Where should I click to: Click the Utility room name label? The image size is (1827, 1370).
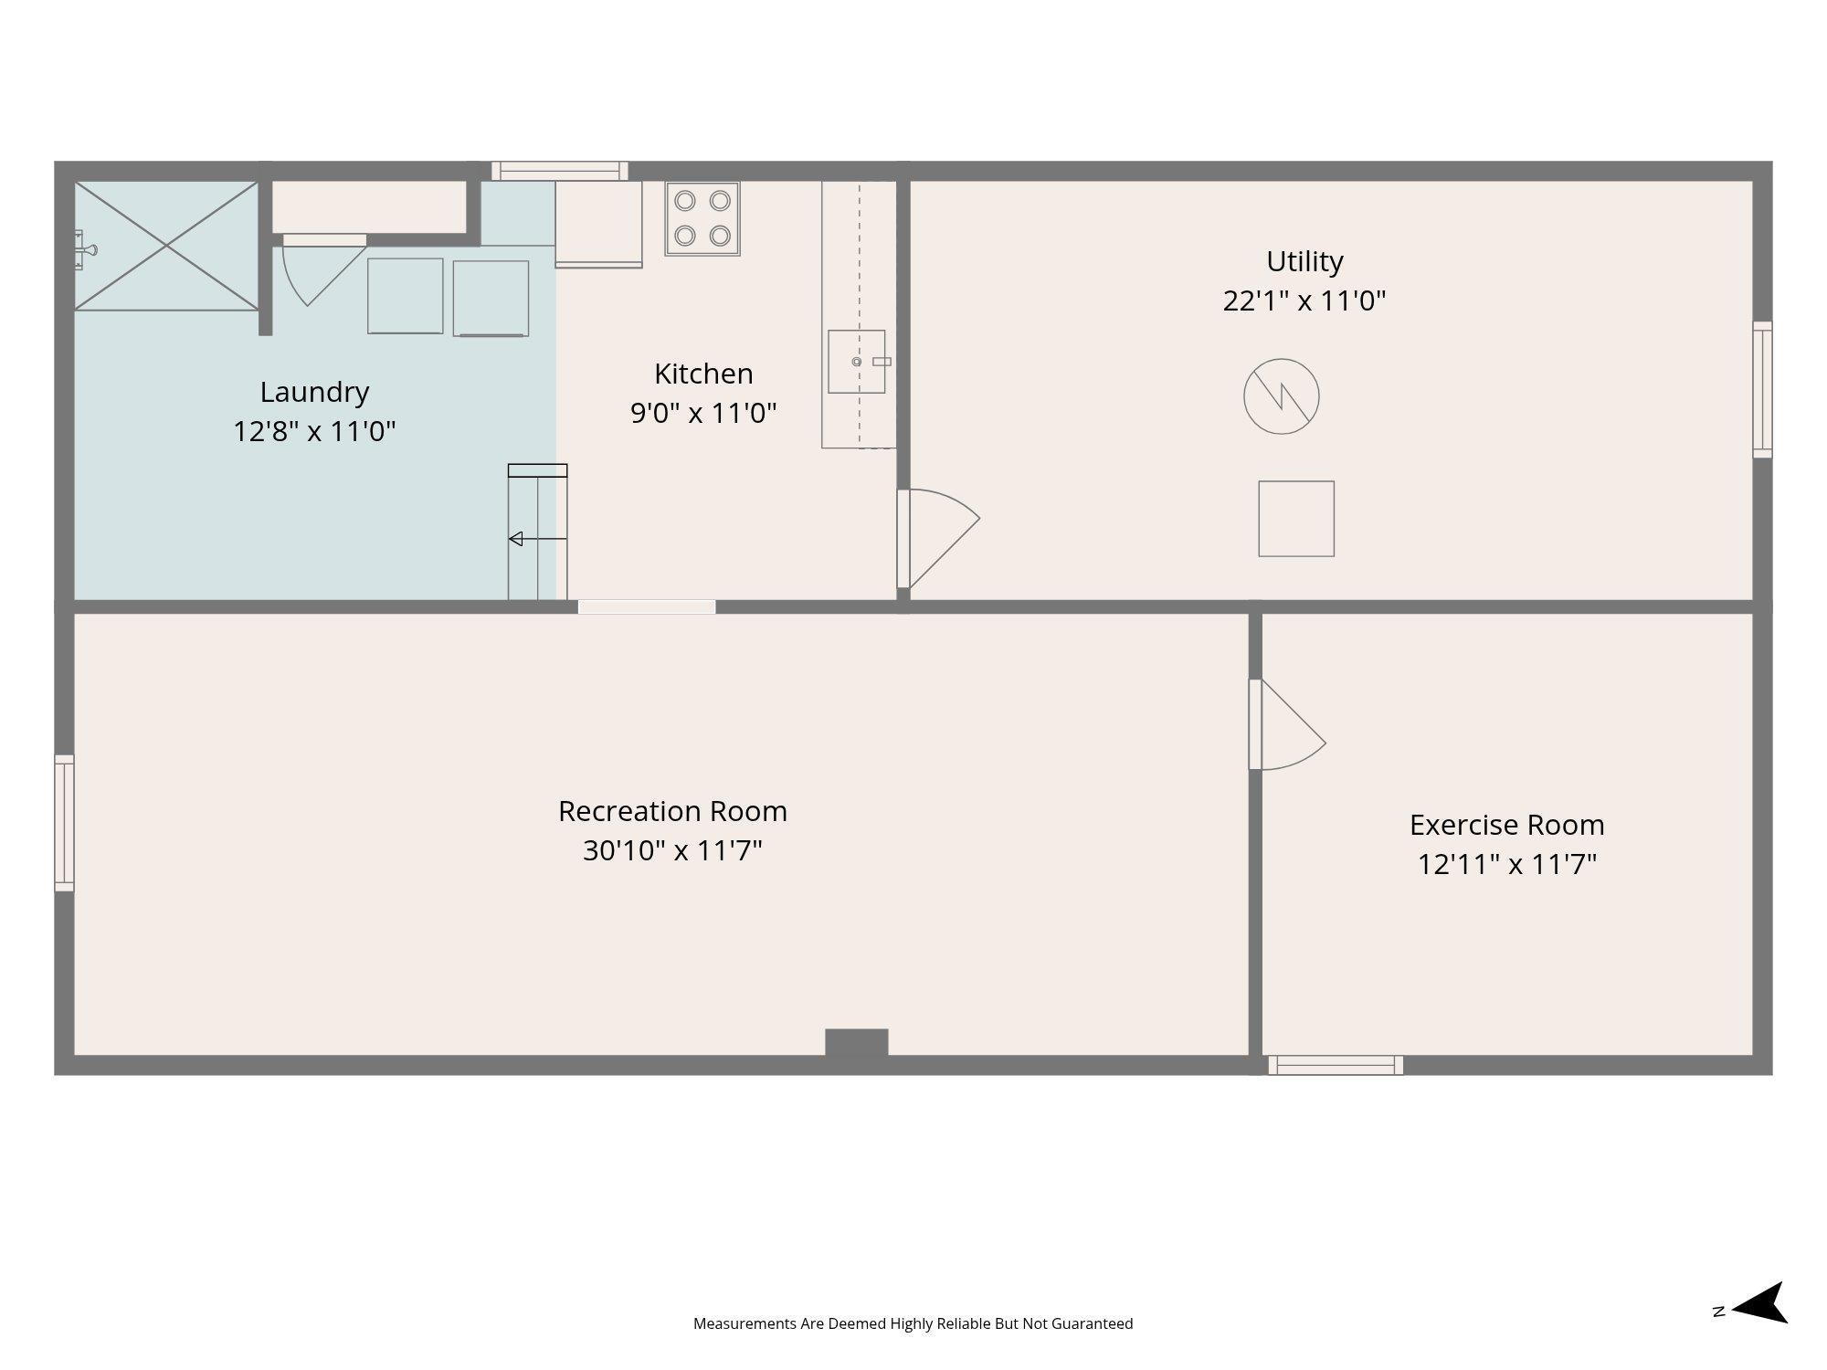tap(1304, 262)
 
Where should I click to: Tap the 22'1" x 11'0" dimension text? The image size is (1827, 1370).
tap(1304, 301)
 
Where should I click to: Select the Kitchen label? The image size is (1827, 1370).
tap(703, 374)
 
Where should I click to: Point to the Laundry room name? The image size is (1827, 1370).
tap(314, 393)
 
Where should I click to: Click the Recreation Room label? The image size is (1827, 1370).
tap(672, 811)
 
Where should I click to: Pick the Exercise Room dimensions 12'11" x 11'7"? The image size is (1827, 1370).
tap(1507, 864)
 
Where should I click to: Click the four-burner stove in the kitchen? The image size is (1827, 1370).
tap(702, 218)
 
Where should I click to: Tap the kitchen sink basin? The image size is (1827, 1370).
tap(857, 362)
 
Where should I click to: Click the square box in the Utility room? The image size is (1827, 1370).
tap(1296, 519)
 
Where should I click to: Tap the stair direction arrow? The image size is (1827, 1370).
tap(538, 540)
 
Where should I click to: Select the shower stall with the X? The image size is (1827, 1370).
tap(166, 246)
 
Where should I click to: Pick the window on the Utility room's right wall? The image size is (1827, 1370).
tap(1762, 389)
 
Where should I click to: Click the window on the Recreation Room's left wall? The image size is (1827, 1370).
tap(64, 823)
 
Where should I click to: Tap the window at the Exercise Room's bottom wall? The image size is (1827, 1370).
tap(1336, 1065)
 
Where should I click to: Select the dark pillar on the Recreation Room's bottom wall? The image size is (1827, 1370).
tap(857, 1043)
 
